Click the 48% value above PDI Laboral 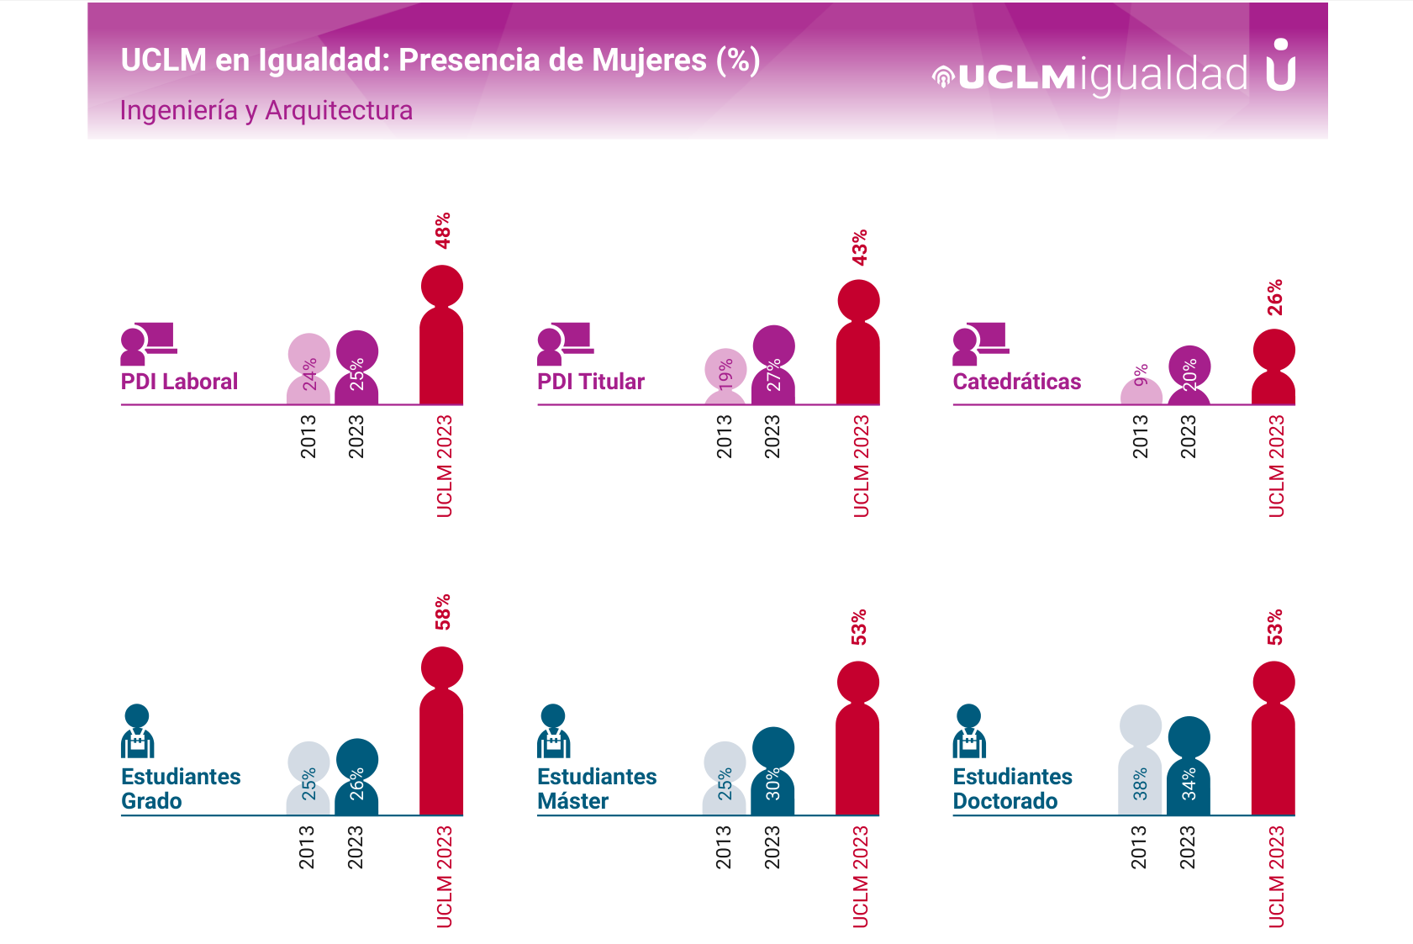[x=442, y=230]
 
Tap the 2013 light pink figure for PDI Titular [x=725, y=377]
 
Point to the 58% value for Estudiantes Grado [x=442, y=612]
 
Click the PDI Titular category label [x=590, y=382]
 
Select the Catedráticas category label [x=1016, y=382]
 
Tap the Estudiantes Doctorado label [x=1012, y=788]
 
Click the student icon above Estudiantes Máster [x=553, y=731]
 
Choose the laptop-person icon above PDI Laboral [x=148, y=343]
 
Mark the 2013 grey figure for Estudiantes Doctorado [x=1140, y=761]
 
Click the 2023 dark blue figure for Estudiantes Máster [x=772, y=772]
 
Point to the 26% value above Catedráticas [x=1275, y=298]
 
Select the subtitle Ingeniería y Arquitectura [x=266, y=111]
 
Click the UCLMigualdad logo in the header [x=1113, y=72]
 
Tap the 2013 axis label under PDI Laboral [x=308, y=436]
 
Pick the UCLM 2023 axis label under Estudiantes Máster [x=860, y=877]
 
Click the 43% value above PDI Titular [x=859, y=248]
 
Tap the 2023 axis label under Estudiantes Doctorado [x=1187, y=847]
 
